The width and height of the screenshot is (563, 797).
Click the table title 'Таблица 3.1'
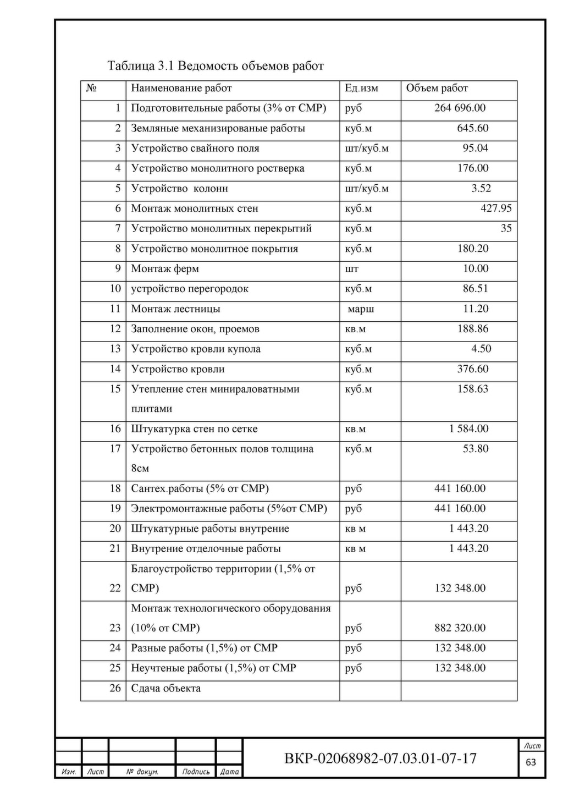[216, 67]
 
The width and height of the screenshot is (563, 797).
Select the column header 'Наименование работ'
[181, 88]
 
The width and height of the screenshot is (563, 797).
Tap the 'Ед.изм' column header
[361, 88]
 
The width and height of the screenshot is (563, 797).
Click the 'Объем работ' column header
[437, 88]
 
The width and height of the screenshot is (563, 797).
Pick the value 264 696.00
[460, 108]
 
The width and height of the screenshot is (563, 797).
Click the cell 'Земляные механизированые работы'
[218, 128]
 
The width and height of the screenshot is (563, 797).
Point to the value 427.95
[496, 208]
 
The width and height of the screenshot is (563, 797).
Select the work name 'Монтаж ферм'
[165, 269]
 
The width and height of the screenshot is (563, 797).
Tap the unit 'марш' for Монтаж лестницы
[361, 309]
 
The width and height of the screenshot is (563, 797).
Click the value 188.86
[472, 329]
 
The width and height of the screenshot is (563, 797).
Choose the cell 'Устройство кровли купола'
[196, 349]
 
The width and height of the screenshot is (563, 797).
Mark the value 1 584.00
[468, 428]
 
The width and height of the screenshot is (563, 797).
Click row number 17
[115, 449]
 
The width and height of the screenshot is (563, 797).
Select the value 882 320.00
[460, 628]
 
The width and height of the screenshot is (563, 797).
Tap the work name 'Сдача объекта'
[165, 688]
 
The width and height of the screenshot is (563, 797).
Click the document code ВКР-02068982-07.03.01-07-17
[380, 758]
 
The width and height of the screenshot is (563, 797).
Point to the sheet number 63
[531, 762]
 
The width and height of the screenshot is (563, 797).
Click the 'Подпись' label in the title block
[196, 772]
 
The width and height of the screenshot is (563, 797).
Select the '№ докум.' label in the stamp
[142, 772]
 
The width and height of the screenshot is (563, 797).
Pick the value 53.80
[475, 449]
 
